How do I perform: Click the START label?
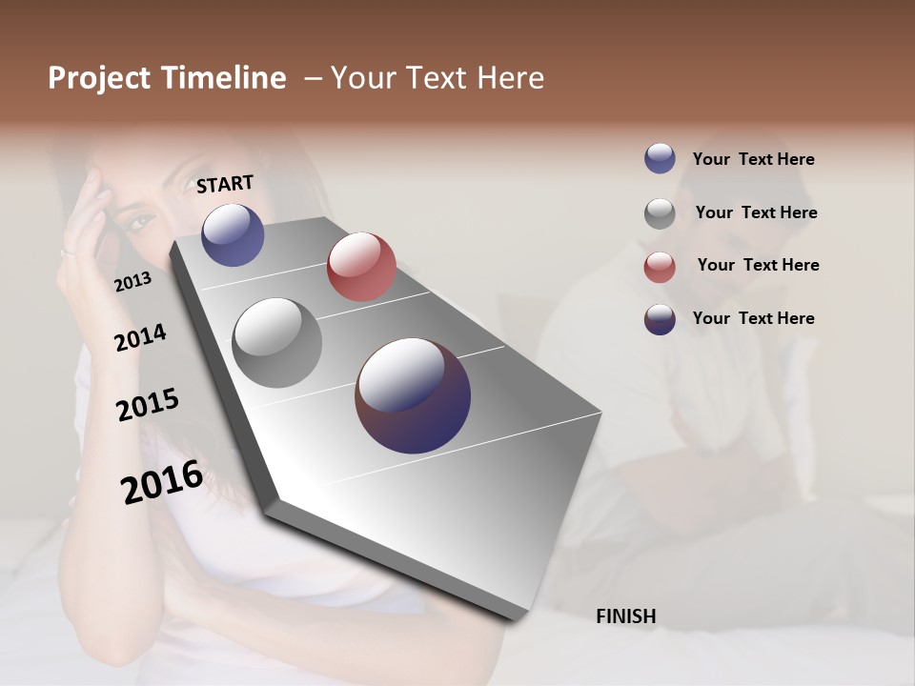[225, 184]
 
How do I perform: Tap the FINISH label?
[625, 616]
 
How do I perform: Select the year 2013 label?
[132, 281]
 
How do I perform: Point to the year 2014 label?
[140, 337]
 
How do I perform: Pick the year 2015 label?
[147, 405]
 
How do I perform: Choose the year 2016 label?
[161, 481]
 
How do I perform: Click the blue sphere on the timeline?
[233, 234]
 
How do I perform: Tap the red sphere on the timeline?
[361, 266]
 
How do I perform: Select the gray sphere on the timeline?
[276, 342]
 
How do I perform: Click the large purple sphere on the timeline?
[413, 394]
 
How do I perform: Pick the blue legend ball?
[660, 158]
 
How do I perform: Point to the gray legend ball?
[660, 213]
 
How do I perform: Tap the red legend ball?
[660, 267]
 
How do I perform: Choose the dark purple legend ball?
[660, 319]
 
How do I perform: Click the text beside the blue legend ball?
[753, 159]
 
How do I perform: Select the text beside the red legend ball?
[758, 265]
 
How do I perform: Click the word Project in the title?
[98, 78]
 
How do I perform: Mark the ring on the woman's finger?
[68, 252]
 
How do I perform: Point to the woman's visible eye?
[140, 223]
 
